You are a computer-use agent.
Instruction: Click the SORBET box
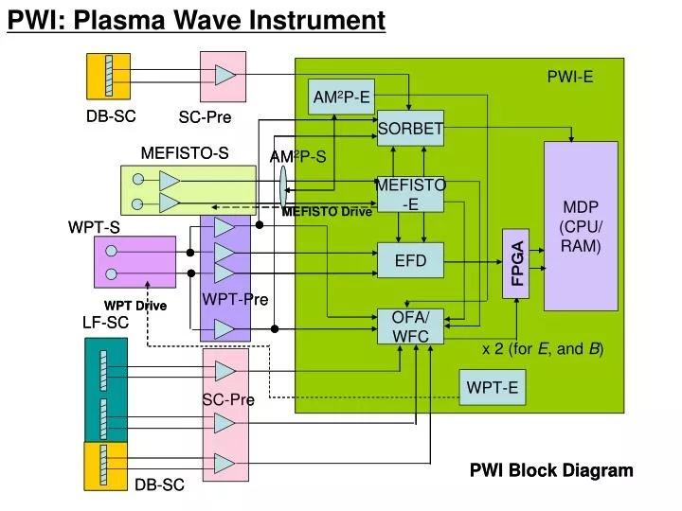click(x=410, y=129)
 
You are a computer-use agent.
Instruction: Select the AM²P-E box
click(x=341, y=97)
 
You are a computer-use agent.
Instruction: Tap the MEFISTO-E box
click(x=410, y=194)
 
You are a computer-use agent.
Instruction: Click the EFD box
click(x=410, y=260)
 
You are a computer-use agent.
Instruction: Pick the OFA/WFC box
click(x=410, y=326)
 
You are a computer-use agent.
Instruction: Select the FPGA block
click(x=517, y=263)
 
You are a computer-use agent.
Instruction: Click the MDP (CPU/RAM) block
click(x=581, y=225)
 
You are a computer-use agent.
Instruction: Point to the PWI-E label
click(x=569, y=78)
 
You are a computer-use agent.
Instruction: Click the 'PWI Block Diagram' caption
click(x=551, y=470)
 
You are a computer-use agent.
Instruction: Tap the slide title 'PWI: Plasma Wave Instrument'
click(x=197, y=20)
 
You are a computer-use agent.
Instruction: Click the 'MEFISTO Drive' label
click(x=327, y=212)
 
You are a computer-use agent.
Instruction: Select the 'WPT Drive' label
click(x=135, y=306)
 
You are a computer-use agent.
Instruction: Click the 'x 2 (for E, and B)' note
click(x=543, y=349)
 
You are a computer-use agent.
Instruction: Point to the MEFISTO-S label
click(x=185, y=152)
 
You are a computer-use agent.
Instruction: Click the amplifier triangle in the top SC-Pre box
click(x=224, y=75)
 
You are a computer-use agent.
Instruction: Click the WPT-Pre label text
click(x=235, y=300)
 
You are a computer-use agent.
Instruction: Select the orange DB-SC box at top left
click(x=108, y=76)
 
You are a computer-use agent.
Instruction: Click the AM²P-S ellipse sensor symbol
click(x=283, y=188)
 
